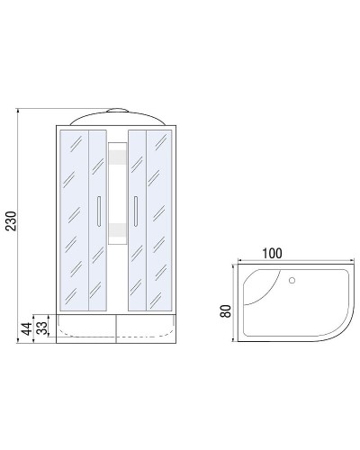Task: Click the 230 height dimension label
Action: coord(10,220)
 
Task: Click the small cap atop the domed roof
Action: coord(116,110)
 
